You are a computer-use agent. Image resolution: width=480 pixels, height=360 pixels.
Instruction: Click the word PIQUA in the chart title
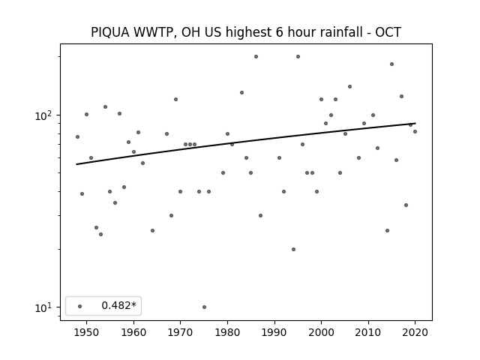click(x=110, y=32)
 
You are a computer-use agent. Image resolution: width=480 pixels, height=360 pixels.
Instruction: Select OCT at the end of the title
click(x=388, y=32)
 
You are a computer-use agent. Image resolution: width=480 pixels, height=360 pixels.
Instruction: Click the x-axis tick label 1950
click(x=87, y=332)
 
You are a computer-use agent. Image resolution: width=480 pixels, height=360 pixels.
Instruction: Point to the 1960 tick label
click(x=133, y=332)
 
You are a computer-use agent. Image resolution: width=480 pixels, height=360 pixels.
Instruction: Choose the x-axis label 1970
click(x=181, y=332)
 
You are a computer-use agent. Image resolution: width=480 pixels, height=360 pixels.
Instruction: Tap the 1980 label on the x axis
click(x=227, y=332)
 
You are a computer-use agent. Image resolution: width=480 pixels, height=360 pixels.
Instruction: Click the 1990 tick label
click(x=274, y=332)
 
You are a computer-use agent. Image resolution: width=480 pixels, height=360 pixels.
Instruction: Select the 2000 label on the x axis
click(x=322, y=332)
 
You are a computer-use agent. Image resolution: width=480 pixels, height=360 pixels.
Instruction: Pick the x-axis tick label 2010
click(x=368, y=332)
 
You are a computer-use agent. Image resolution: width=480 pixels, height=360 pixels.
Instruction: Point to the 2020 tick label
click(x=415, y=332)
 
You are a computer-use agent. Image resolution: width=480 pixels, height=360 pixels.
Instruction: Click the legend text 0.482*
click(x=118, y=305)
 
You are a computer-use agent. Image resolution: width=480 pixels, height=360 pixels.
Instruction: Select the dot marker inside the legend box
click(x=80, y=306)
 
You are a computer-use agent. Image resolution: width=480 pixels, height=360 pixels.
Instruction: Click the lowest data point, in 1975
click(x=204, y=307)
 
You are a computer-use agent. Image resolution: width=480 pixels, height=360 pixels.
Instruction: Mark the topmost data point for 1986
click(x=256, y=57)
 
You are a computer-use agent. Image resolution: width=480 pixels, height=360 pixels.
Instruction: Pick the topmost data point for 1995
click(x=298, y=57)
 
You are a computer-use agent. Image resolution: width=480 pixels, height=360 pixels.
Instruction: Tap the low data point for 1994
click(x=293, y=250)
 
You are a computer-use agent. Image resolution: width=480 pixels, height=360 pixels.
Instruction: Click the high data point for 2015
click(x=391, y=64)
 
